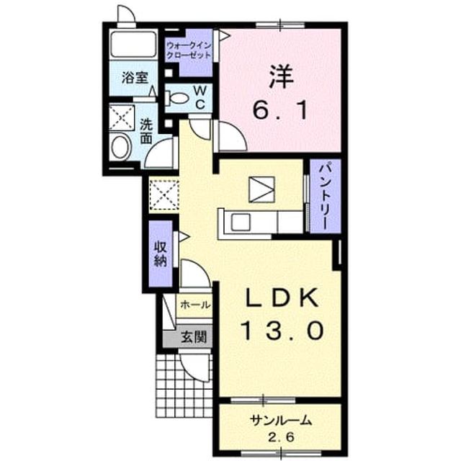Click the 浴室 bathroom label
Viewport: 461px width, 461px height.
tap(135, 78)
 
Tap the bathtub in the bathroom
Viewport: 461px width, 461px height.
tap(133, 45)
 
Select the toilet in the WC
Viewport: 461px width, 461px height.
tap(176, 98)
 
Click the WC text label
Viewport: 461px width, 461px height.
tap(200, 97)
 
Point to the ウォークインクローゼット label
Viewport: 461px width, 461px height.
tap(189, 50)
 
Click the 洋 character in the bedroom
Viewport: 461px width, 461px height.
tap(282, 76)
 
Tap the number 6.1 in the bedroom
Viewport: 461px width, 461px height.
tap(281, 110)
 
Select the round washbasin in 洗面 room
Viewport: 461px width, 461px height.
tap(121, 147)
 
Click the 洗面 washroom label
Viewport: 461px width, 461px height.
tap(146, 131)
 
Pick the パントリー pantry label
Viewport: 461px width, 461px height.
tap(325, 197)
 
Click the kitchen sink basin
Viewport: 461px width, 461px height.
tap(241, 223)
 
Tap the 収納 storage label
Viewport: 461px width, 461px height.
tap(161, 254)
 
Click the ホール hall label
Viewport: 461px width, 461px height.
tap(195, 305)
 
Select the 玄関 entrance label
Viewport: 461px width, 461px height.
tap(193, 336)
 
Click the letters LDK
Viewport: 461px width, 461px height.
tap(282, 297)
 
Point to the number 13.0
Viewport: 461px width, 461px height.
tap(282, 331)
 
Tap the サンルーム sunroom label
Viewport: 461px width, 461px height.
tap(280, 421)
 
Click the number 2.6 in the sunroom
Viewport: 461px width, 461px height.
tap(280, 437)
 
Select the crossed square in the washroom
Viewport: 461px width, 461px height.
tap(122, 118)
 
